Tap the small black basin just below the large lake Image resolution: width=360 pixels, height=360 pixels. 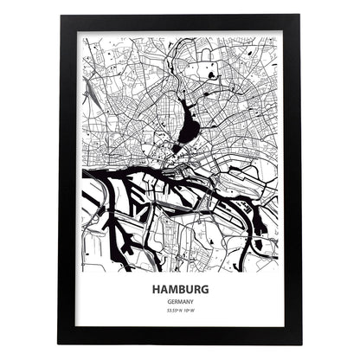(x=177, y=147)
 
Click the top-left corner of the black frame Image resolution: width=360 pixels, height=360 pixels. (x=60, y=15)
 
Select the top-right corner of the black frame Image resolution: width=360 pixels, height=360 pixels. (x=300, y=15)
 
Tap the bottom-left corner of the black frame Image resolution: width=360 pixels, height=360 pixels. (x=60, y=344)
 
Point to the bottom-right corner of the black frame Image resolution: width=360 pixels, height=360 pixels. (x=300, y=344)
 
